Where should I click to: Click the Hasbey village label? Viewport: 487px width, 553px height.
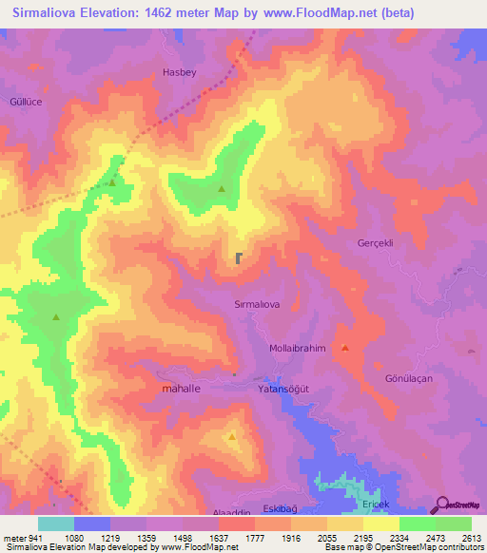coord(180,71)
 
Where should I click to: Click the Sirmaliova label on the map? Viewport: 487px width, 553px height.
coord(256,304)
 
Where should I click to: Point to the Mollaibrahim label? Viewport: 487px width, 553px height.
coord(298,348)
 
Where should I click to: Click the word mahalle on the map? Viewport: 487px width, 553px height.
coord(181,390)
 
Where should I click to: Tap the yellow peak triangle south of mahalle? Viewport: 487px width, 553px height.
coord(233,437)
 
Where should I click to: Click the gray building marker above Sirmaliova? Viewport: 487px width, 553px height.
coord(238,257)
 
